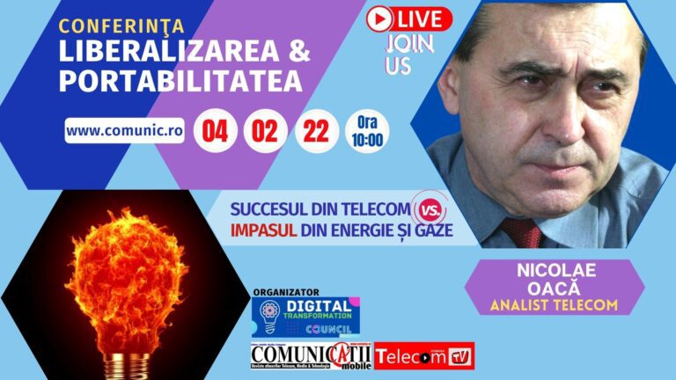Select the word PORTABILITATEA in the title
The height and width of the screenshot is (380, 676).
pyautogui.click(x=180, y=81)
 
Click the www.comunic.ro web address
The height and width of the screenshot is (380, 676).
pyautogui.click(x=124, y=129)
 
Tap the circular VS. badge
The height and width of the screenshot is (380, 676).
pyautogui.click(x=430, y=210)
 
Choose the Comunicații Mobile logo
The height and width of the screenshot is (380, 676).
pyautogui.click(x=311, y=355)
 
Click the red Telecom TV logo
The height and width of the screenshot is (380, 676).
pyautogui.click(x=424, y=356)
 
